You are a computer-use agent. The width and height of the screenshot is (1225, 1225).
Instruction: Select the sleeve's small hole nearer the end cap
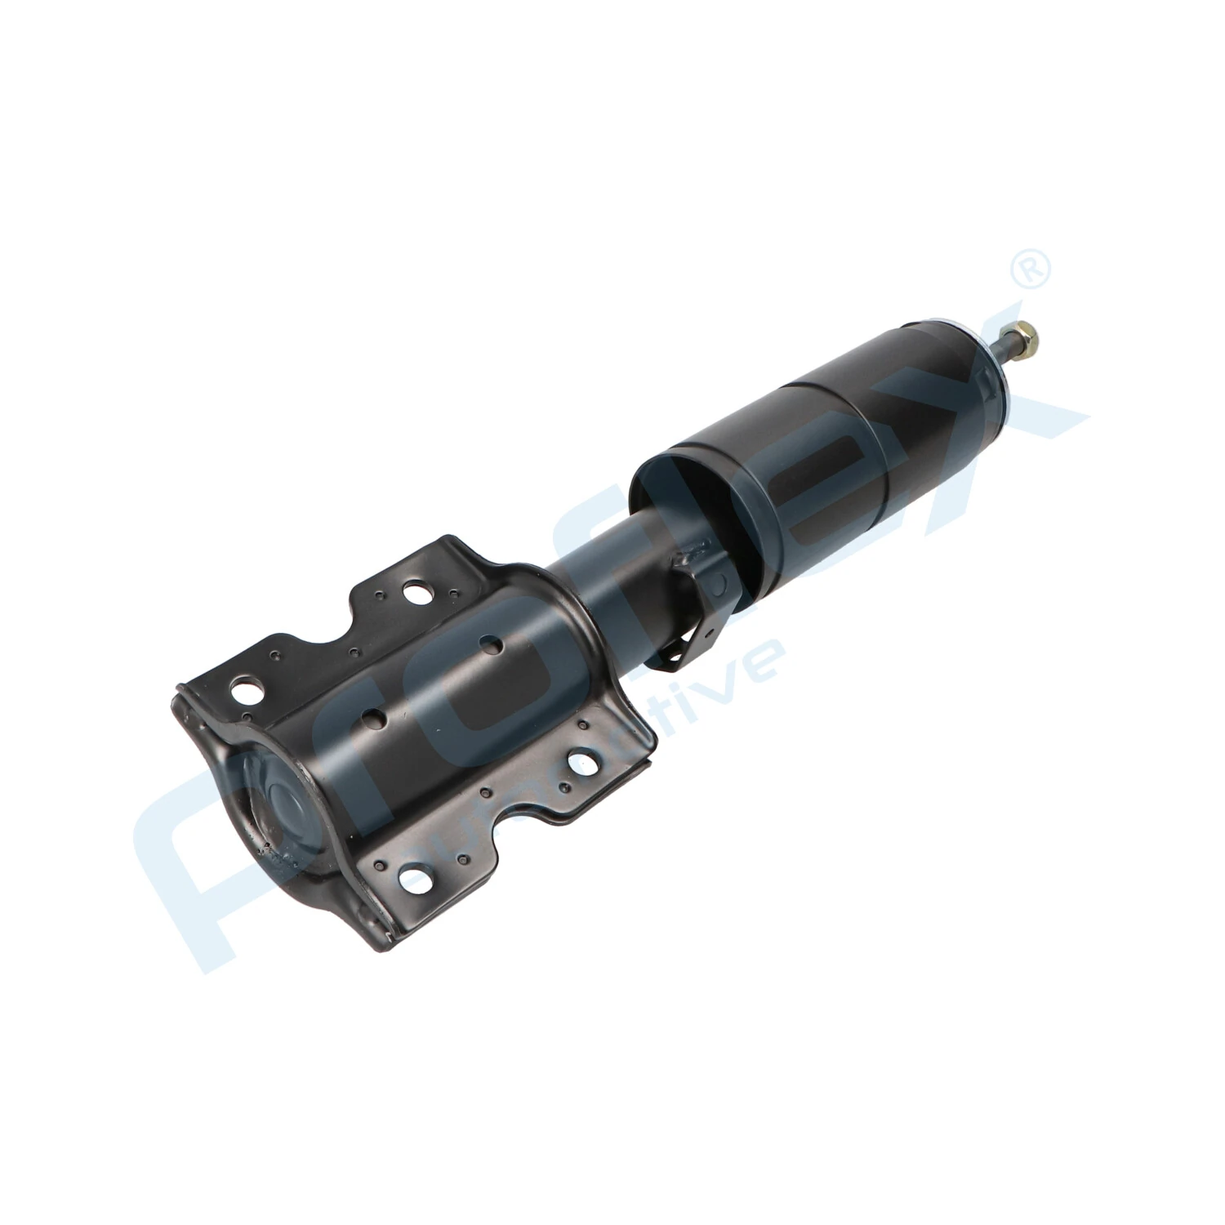[375, 718]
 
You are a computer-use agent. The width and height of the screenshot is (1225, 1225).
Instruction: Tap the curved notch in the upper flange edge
[327, 645]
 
